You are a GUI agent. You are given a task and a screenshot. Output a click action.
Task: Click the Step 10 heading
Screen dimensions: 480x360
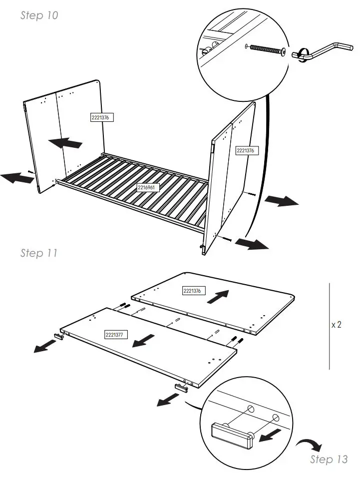[x=39, y=15]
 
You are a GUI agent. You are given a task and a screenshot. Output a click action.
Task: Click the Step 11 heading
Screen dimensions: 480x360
[x=39, y=253]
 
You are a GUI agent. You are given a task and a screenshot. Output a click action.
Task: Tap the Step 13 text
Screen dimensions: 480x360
[x=329, y=459]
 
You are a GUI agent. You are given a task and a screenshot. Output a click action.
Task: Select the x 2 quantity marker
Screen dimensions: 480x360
[x=336, y=325]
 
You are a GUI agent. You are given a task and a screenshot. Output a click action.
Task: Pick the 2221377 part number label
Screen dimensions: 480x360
[x=115, y=334]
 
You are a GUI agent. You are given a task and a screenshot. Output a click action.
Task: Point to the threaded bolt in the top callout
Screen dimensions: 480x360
[x=268, y=49]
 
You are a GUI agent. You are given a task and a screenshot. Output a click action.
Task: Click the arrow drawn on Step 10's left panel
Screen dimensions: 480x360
[x=65, y=143]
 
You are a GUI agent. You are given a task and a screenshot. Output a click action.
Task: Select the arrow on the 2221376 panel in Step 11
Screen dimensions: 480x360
[x=218, y=297]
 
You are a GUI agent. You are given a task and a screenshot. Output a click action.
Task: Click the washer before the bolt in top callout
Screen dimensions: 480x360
[x=247, y=45]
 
